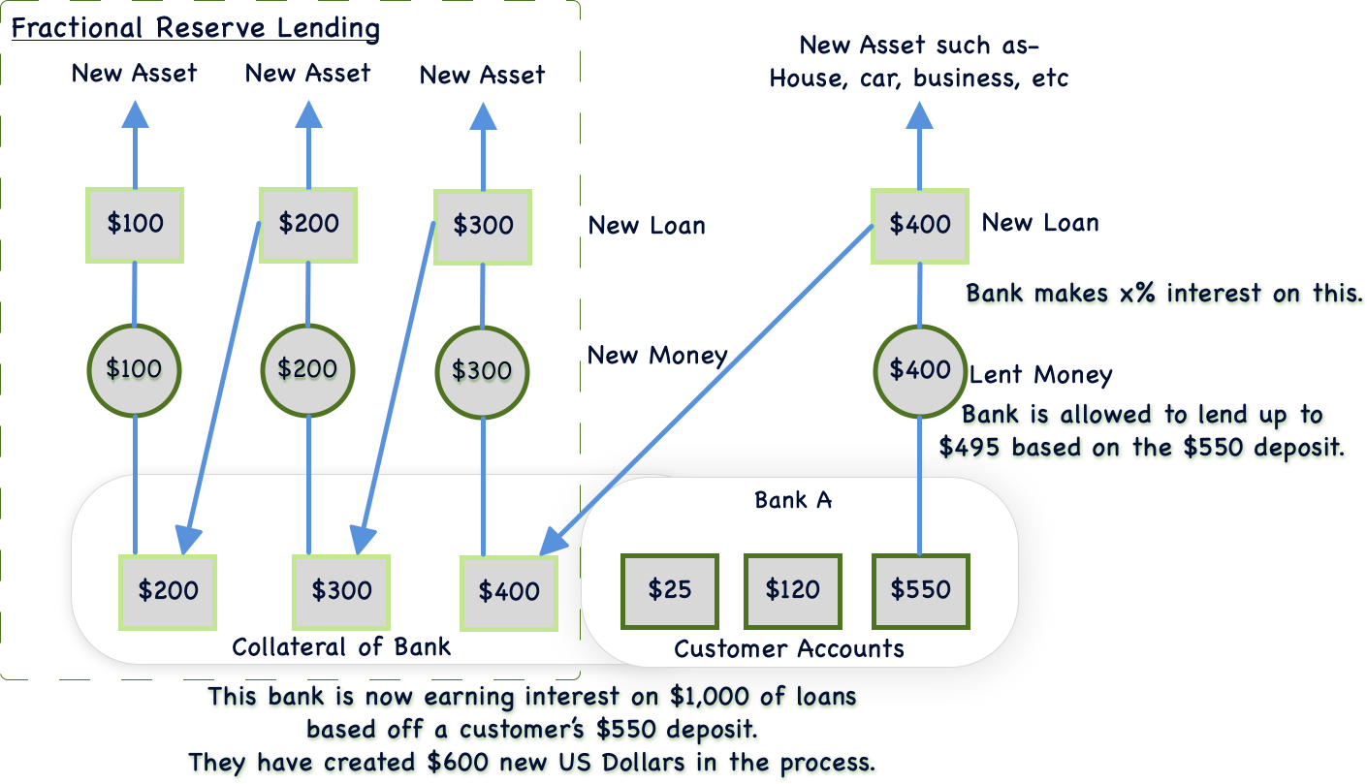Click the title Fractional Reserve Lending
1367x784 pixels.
[195, 27]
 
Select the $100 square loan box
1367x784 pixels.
[135, 224]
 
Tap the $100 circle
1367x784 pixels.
[135, 369]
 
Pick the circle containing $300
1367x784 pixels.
[483, 371]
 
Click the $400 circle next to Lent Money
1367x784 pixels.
[919, 370]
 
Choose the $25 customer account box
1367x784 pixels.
[669, 590]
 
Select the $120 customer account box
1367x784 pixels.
[792, 590]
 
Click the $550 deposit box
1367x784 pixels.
[920, 590]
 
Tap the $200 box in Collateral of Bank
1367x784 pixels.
[168, 591]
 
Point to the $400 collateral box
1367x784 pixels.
[509, 592]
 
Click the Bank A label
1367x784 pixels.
[793, 501]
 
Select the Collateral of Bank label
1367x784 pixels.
[341, 646]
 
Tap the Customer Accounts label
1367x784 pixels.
[789, 649]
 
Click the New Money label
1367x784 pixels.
[657, 356]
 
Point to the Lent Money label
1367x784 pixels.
[1041, 375]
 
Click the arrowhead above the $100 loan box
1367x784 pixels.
[135, 113]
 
